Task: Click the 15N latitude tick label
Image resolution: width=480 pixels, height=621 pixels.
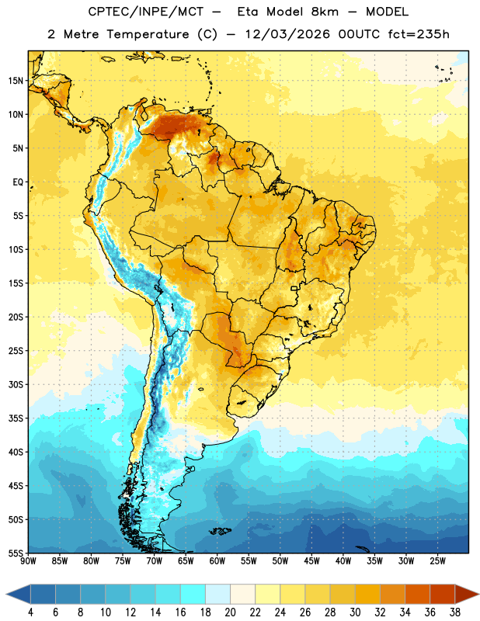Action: coord(16,81)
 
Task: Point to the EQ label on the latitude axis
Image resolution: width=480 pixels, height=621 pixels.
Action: coord(18,182)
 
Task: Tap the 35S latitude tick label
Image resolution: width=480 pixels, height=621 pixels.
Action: coord(16,418)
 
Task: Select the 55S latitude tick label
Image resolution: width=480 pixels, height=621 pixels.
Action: coord(16,553)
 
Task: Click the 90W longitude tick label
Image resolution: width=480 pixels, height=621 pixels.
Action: coord(28,561)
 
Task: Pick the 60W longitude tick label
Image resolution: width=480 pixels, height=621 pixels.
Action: coord(217,561)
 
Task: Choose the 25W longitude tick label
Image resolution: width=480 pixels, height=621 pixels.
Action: coord(438,561)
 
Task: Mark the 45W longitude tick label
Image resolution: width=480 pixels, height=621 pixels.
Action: coord(312,561)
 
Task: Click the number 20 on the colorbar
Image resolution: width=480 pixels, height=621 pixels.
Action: coord(230,612)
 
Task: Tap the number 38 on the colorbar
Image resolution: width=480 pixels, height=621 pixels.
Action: coord(455,612)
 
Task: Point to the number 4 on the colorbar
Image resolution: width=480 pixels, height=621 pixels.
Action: coord(30,612)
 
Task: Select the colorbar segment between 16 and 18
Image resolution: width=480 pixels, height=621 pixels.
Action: coord(193,594)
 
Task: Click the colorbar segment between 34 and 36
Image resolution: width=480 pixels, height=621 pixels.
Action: coord(418,594)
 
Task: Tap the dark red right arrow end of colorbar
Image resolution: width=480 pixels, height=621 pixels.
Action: coord(467,594)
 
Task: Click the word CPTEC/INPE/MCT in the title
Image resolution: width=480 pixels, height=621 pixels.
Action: coord(146,12)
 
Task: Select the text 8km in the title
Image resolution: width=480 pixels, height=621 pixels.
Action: coord(325,12)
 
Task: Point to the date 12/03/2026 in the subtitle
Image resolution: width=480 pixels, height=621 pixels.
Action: coord(287,34)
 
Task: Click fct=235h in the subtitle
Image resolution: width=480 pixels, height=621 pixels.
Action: coord(419,34)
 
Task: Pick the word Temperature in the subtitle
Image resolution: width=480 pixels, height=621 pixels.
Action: coord(148,34)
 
